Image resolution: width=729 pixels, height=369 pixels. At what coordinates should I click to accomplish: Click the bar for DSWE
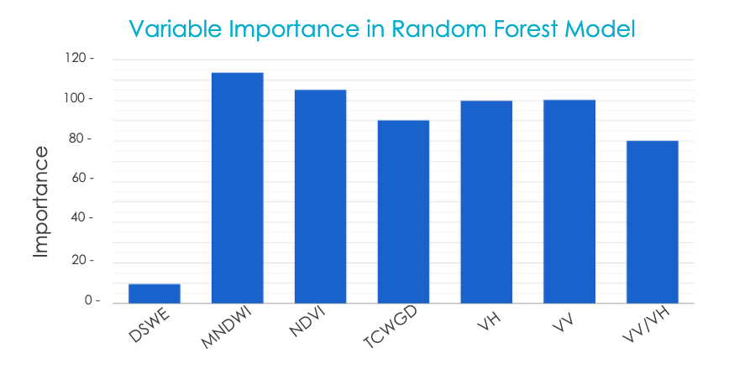click(155, 294)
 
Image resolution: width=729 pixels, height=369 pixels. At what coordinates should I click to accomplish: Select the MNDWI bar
click(238, 188)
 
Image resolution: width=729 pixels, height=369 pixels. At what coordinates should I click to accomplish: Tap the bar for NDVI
click(320, 196)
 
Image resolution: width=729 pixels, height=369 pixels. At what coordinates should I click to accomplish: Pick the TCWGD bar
click(403, 211)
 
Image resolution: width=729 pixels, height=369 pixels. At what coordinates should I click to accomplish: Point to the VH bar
click(486, 202)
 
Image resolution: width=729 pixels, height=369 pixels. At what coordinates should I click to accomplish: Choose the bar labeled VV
click(569, 201)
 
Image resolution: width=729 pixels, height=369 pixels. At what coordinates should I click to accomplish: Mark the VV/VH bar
click(653, 222)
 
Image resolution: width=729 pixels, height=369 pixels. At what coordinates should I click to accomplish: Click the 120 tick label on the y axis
click(76, 58)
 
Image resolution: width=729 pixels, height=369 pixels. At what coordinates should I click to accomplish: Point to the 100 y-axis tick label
click(76, 98)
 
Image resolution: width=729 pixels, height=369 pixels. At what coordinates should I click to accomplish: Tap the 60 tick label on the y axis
click(79, 178)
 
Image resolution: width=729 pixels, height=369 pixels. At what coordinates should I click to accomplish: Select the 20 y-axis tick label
click(79, 260)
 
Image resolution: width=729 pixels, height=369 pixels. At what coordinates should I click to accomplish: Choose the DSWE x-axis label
click(149, 328)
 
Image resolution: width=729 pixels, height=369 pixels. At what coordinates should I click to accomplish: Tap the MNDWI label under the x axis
click(227, 332)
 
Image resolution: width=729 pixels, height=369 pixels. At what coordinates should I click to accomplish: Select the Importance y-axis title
click(41, 202)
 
